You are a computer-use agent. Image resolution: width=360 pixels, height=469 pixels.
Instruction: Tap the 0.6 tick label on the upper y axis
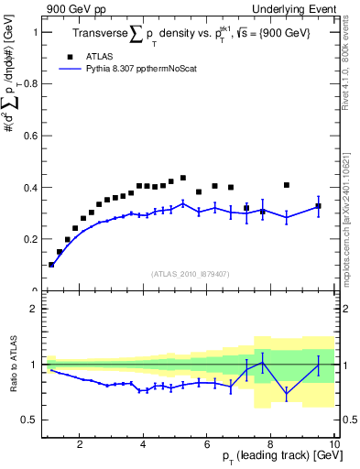coord(31,136)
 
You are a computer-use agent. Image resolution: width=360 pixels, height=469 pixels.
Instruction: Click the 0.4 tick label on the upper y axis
coord(31,188)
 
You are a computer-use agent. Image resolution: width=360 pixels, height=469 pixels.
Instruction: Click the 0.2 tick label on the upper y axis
coord(31,239)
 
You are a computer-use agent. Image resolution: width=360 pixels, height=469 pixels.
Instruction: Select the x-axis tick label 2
coord(80,444)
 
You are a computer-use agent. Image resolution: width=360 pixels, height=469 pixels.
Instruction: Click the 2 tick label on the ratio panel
coord(34,309)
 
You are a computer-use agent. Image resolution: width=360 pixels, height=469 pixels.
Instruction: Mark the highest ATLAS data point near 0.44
coord(183,178)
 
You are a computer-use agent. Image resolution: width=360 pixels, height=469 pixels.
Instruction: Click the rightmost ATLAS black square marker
coord(318,206)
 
